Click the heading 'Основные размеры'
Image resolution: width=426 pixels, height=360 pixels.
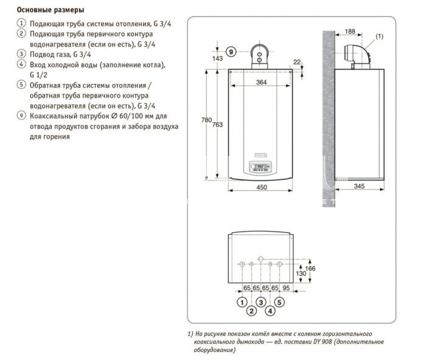(51, 10)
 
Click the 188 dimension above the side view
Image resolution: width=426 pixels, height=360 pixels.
(350, 32)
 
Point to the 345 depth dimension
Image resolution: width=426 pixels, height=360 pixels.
(359, 186)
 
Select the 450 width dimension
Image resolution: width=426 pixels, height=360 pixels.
(261, 187)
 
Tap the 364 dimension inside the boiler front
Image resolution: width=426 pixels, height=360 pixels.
(261, 82)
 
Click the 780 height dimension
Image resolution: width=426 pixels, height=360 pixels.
(206, 120)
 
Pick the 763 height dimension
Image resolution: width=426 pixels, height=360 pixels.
(217, 124)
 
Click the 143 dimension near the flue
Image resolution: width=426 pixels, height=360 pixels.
(218, 58)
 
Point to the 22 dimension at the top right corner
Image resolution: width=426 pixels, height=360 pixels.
(297, 62)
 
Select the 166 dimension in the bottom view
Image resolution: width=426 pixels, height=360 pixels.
(310, 269)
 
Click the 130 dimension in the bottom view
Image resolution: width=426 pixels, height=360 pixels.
(301, 274)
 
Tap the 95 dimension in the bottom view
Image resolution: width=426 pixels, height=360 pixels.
(286, 288)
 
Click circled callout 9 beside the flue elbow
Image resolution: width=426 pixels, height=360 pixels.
(231, 52)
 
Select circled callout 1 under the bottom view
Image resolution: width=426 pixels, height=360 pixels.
(242, 302)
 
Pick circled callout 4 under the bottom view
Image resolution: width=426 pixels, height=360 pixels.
(270, 311)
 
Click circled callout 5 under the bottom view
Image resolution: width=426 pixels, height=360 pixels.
(279, 302)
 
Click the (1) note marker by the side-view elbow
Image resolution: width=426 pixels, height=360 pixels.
(379, 36)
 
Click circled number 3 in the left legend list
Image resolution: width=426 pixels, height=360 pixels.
(21, 54)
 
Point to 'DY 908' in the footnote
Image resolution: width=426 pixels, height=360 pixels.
(323, 342)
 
